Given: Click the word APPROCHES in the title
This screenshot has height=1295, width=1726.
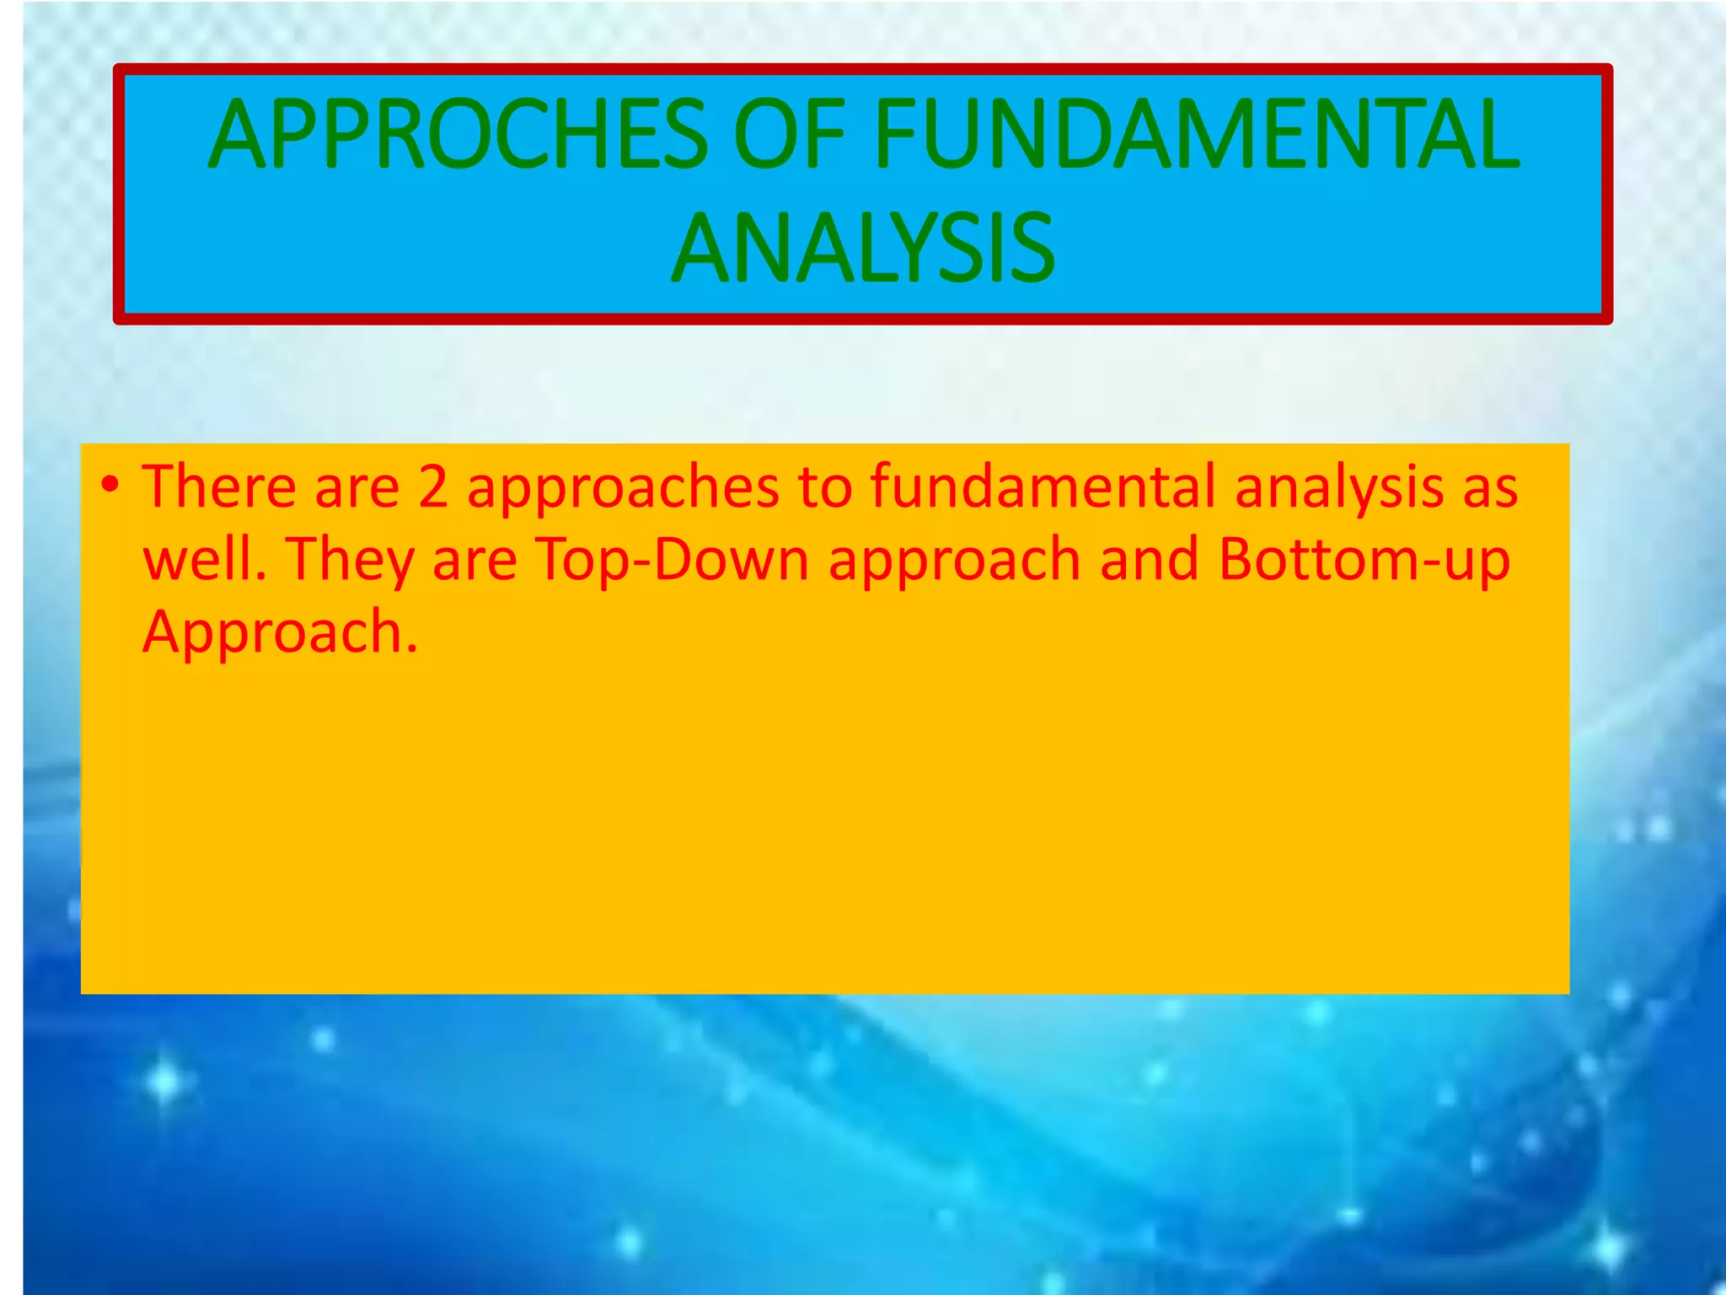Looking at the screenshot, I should (458, 135).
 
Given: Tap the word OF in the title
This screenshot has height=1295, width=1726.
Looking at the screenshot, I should (789, 135).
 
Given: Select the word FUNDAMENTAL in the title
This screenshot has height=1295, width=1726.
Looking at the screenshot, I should (1197, 135).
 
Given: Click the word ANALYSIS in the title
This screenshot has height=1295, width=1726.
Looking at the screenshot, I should (863, 249).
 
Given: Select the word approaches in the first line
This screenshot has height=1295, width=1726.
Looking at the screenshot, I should (624, 489).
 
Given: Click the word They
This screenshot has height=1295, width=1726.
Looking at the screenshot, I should (350, 562).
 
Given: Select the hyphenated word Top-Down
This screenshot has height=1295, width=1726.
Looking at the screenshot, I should (673, 560).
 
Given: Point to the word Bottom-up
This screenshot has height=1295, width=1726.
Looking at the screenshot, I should (1364, 560).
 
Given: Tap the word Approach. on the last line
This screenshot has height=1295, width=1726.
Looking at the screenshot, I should (280, 632).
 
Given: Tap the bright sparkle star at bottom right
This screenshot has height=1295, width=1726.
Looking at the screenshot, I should (1608, 1246).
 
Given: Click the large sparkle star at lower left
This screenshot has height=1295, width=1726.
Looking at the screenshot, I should (165, 1081).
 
